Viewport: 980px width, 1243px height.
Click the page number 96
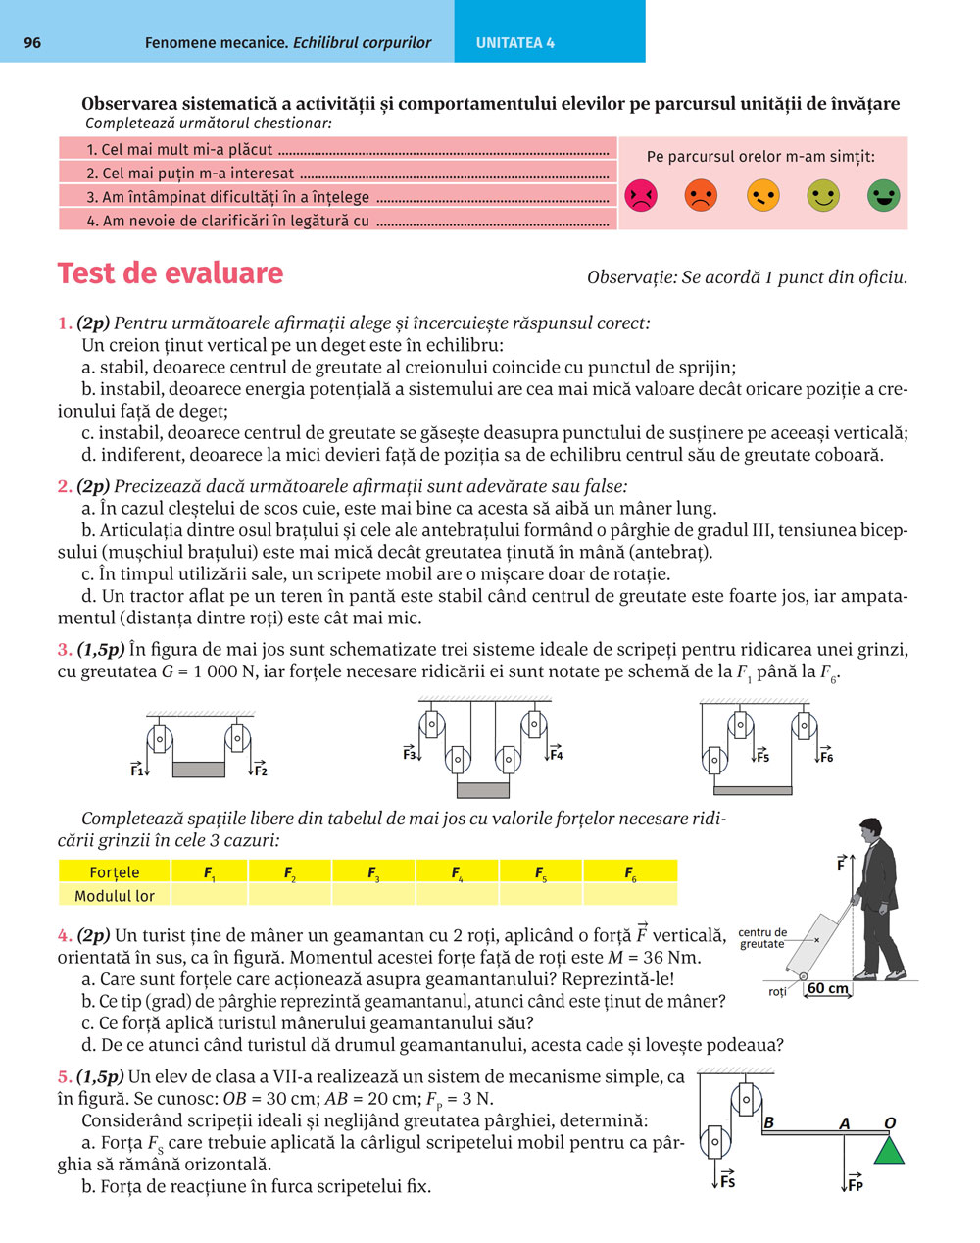pos(32,43)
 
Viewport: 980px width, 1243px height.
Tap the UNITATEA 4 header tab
pos(515,43)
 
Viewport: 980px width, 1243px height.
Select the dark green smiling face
pos(883,195)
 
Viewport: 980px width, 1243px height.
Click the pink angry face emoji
pos(641,196)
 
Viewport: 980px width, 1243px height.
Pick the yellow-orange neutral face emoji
pos(762,195)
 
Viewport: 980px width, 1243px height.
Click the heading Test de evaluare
pos(171,273)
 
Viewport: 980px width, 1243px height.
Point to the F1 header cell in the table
pos(210,872)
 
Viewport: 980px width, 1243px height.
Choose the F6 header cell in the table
pos(630,872)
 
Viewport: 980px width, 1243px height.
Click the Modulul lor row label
pos(115,895)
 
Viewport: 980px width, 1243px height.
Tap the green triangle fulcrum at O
pos(889,1148)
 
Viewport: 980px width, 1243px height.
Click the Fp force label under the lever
pos(854,1184)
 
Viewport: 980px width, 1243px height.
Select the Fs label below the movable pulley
pos(726,1181)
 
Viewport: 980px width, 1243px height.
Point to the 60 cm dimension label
pos(828,988)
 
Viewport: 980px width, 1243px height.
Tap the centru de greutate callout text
pos(763,938)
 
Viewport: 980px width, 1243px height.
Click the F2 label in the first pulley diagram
pos(260,771)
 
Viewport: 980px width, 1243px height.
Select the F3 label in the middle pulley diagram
pos(410,754)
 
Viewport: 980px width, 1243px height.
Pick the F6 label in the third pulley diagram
pos(826,757)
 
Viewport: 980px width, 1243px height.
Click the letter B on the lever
pos(769,1122)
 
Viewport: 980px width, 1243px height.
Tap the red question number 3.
pos(65,649)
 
